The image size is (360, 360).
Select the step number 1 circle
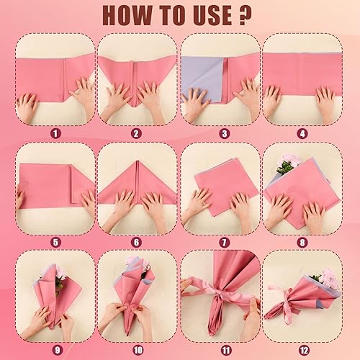coord(55,132)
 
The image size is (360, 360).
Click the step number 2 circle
coord(138,132)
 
